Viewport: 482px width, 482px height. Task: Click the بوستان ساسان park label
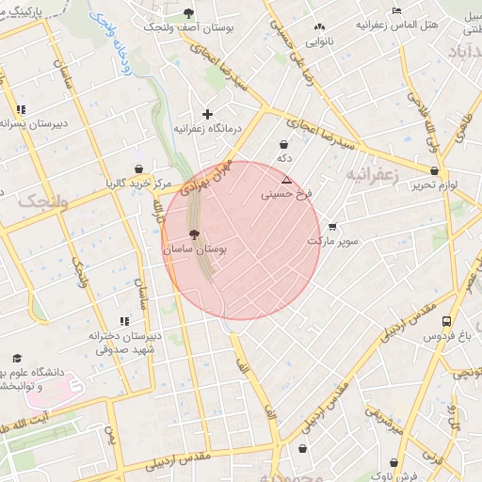[195, 250]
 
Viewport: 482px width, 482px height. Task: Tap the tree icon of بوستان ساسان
[194, 234]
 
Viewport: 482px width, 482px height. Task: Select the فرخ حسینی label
[286, 195]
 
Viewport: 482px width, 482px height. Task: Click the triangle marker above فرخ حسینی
[286, 180]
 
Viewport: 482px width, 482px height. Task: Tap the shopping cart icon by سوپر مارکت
[332, 226]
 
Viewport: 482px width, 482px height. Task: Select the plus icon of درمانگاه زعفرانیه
[208, 113]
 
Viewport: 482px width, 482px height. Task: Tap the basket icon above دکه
[284, 144]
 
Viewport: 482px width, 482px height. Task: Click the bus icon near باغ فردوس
[446, 321]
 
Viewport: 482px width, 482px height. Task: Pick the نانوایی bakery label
[320, 41]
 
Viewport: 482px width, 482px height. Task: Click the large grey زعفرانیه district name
[374, 175]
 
